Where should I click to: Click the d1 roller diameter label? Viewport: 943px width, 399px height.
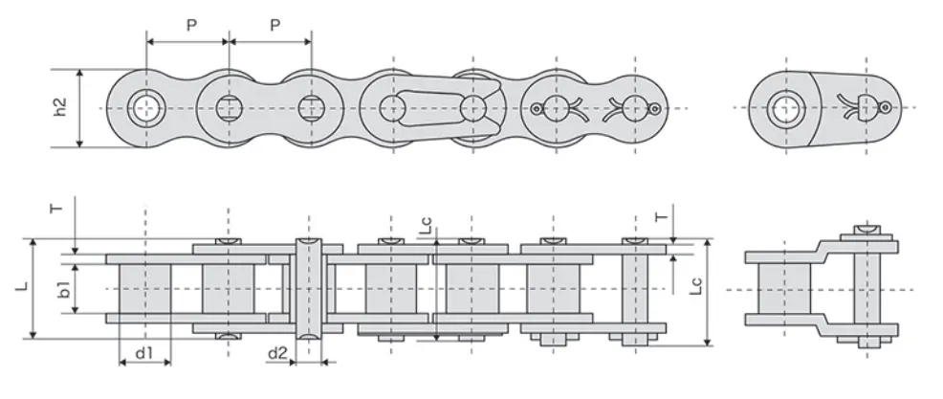click(x=144, y=353)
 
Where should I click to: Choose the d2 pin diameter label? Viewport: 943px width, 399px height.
click(x=276, y=353)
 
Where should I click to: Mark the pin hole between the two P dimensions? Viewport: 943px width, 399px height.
click(x=229, y=107)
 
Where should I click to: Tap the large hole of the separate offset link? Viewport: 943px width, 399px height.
click(x=785, y=107)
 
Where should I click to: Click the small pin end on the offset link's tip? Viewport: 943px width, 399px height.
click(x=888, y=107)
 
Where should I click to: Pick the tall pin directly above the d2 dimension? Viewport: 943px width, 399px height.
click(x=308, y=288)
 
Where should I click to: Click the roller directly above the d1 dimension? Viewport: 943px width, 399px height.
click(x=144, y=288)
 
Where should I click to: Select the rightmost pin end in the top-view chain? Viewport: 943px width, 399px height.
click(x=653, y=108)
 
